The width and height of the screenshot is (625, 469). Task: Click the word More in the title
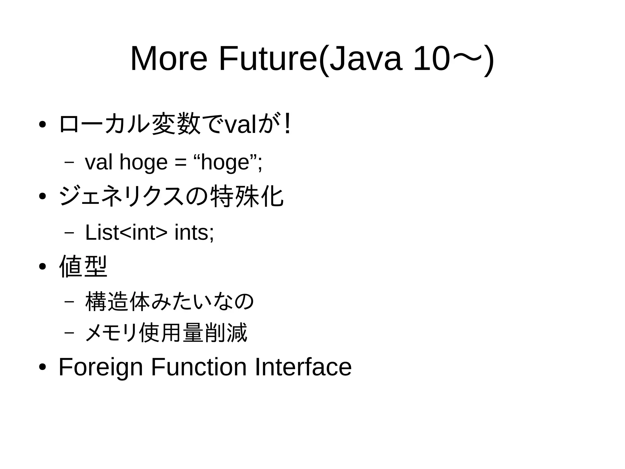[169, 59]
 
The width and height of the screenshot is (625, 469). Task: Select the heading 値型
[83, 266]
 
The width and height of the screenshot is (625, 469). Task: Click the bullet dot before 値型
[42, 267]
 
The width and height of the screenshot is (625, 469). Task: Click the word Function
[199, 367]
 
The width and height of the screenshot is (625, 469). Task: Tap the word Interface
[303, 367]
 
